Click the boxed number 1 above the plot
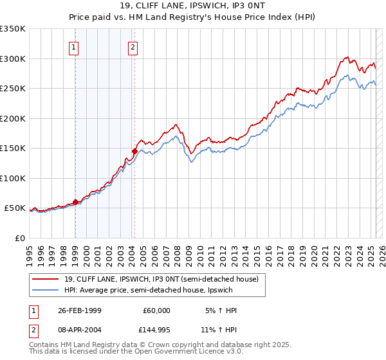pos(75,46)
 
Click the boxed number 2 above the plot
pos(133,46)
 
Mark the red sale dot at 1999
pos(75,202)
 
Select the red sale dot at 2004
pos(134,152)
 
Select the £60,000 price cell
pos(156,310)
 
